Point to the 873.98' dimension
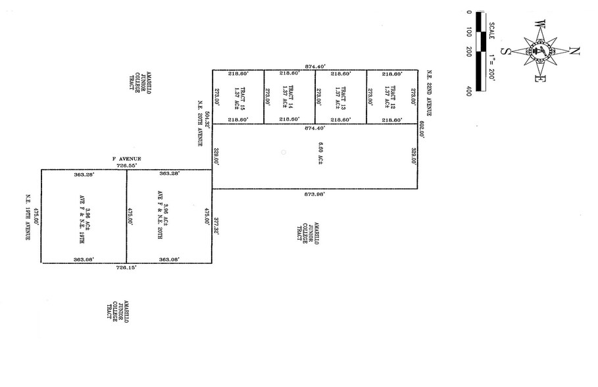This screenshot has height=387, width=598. [x=314, y=194]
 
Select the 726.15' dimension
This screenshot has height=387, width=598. [x=126, y=268]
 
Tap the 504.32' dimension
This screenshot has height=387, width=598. [x=207, y=119]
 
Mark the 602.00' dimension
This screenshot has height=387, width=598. [x=423, y=129]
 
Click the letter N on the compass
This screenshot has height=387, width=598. [x=574, y=51]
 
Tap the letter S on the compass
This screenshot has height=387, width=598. [x=507, y=51]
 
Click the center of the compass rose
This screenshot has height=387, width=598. [x=540, y=51]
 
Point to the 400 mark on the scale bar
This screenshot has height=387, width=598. [x=468, y=91]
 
